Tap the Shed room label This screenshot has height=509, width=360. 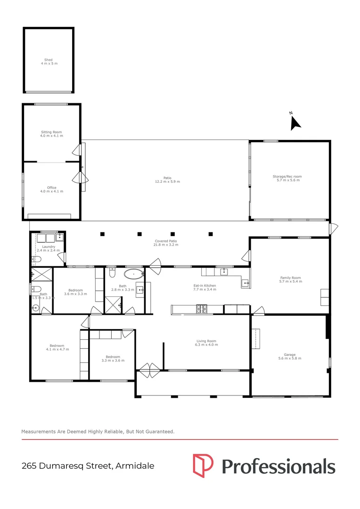pos(49,60)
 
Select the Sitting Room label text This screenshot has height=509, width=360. pos(51,132)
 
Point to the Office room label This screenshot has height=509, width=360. pos(51,188)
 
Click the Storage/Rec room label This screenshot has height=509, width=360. pos(287,176)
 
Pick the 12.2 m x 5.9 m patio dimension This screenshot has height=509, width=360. pos(168,181)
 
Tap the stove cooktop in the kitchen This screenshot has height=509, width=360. pos(202,309)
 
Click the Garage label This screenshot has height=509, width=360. pos(289,355)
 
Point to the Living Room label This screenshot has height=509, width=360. pos(206,341)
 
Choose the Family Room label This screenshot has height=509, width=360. pos(290,278)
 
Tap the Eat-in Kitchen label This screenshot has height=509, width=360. pos(205,286)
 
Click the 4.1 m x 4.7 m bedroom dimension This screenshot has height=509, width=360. pos(57,349)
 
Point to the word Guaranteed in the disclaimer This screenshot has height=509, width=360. pos(160,431)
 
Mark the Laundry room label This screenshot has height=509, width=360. pos(49,246)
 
